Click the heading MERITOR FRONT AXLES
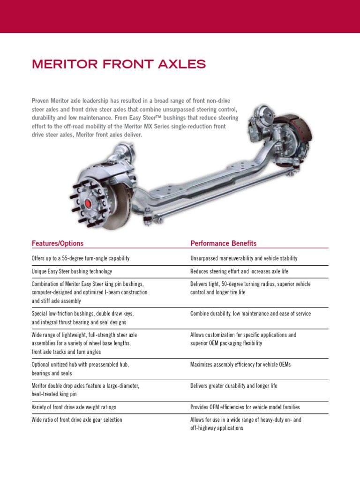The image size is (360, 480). tap(119, 64)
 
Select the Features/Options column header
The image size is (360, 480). tap(57, 243)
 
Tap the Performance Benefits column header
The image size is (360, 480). tap(224, 243)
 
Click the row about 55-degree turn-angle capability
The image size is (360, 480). tap(80, 258)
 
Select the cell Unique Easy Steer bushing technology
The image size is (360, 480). tap(72, 271)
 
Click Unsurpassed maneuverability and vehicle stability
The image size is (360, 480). tap(244, 258)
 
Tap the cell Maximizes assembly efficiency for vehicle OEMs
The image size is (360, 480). tap(240, 364)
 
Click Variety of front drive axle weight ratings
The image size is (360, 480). tap(74, 407)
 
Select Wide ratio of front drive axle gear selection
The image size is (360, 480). tap(77, 420)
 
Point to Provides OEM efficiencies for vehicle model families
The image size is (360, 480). tap(245, 407)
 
